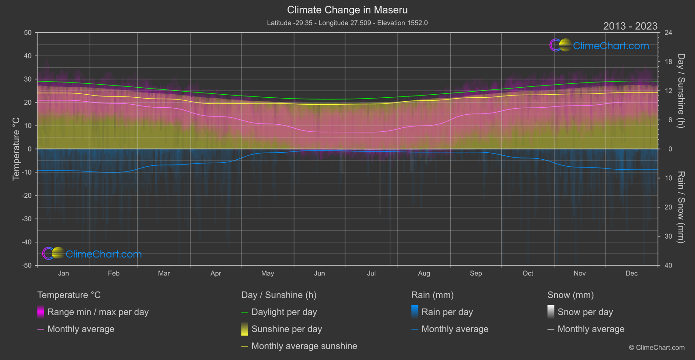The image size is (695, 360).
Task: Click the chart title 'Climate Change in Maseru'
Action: pos(347,10)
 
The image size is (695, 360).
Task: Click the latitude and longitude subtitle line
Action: pos(347,23)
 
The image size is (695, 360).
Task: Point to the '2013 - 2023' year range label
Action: pos(630,26)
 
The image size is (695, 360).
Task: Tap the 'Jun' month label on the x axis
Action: pos(319,274)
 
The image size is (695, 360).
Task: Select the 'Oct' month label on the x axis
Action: pos(528,274)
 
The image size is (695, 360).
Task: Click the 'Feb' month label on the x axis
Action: pos(113,274)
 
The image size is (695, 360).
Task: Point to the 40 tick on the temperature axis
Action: pos(27,56)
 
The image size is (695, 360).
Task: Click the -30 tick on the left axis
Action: pos(27,219)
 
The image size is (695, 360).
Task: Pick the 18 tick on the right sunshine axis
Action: pos(668,62)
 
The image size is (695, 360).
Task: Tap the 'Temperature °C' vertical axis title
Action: pos(16,149)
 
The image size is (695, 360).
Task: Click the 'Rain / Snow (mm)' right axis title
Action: pos(681,207)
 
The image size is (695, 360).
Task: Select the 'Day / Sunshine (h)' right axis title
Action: pos(681,91)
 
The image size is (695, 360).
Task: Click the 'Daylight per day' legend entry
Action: pos(284,312)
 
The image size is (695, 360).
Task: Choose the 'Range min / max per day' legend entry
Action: pos(98,312)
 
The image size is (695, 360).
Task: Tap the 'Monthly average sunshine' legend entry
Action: pos(304,346)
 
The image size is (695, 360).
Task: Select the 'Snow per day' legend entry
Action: pos(585,312)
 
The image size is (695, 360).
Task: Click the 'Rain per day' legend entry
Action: pos(447,312)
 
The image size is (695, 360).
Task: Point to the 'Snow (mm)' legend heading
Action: pos(570,295)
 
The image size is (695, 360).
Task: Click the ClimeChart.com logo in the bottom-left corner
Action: pos(92,254)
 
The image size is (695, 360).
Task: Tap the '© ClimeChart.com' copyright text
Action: pos(657,348)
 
